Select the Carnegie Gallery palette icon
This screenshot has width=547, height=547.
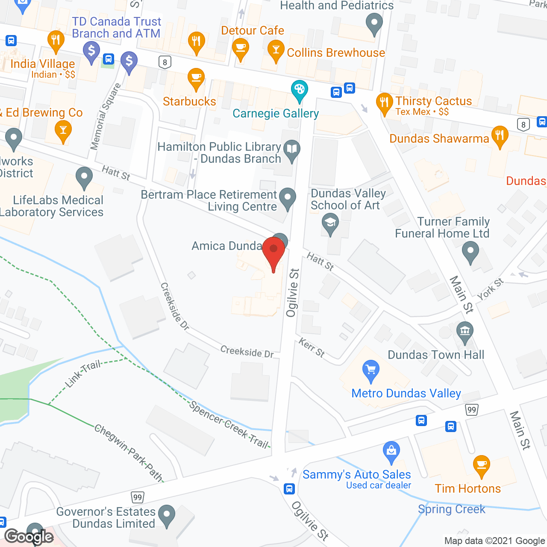300,90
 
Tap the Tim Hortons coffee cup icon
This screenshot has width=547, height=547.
482,465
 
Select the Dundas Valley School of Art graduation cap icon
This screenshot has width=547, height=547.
330,224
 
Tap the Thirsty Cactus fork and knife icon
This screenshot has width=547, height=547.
384,103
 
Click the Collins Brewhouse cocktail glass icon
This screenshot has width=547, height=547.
276,50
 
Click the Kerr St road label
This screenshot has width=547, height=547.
312,347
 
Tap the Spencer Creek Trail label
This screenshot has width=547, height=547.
229,425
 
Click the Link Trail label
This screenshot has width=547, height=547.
83,373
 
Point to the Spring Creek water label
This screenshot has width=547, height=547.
452,509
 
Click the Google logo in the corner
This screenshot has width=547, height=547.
29,537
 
